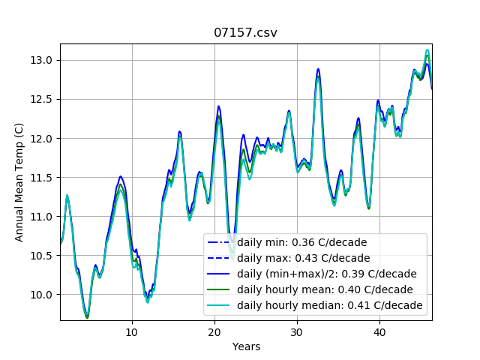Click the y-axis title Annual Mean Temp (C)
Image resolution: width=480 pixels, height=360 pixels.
point(19,182)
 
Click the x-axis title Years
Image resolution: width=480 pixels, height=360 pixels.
point(246,346)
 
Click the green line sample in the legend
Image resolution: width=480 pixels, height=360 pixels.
point(220,289)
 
